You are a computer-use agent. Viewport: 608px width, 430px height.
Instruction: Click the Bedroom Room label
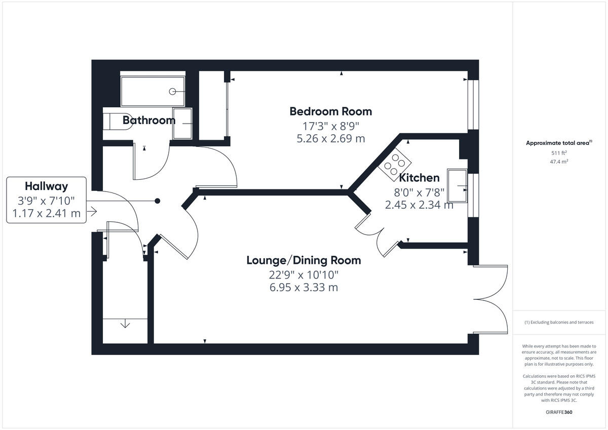point(330,111)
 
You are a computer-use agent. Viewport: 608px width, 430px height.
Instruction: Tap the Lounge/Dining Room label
point(303,260)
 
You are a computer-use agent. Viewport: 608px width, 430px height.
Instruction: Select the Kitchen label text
point(419,178)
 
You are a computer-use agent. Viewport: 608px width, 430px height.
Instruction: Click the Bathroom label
point(149,121)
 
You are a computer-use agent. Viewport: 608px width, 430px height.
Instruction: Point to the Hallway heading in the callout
point(46,186)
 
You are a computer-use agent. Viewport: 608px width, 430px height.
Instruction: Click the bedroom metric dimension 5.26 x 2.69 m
point(330,138)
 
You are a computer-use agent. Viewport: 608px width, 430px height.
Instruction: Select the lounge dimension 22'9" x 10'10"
point(303,275)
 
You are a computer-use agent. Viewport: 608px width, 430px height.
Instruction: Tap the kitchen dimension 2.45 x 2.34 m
point(419,205)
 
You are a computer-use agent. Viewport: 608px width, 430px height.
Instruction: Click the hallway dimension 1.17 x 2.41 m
point(46,213)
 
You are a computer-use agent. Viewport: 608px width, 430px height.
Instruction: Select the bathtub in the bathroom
point(153,91)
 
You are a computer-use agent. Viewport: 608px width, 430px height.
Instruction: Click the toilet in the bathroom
point(118,122)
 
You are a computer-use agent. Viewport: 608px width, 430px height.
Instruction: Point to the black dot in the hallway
point(158,201)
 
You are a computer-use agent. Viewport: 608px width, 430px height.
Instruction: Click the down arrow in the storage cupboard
point(125,324)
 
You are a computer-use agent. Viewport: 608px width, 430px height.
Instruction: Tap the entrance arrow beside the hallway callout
point(92,212)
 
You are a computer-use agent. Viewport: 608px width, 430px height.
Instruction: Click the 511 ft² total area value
point(559,153)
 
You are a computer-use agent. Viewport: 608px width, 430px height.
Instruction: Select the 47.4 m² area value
point(559,162)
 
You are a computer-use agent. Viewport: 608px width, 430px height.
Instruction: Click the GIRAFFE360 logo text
point(559,412)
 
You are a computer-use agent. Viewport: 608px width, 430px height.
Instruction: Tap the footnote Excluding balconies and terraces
point(559,322)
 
